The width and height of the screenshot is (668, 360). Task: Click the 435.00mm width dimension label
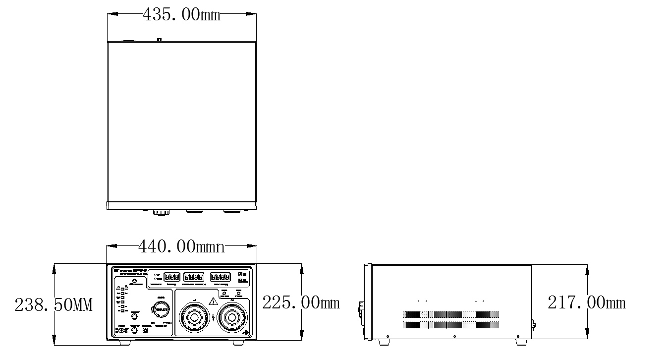181,14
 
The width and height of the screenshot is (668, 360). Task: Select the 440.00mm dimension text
181,246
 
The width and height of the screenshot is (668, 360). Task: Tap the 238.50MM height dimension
54,304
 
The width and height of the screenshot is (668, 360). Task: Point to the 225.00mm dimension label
301,302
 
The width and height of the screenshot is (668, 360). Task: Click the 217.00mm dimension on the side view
586,302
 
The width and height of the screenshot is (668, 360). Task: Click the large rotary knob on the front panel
161,309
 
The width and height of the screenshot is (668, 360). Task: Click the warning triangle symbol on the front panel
214,300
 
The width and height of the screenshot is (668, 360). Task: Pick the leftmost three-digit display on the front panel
171,277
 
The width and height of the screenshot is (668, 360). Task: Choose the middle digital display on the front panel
194,277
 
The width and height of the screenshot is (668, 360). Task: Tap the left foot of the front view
125,342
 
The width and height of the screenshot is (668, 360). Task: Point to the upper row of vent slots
451,315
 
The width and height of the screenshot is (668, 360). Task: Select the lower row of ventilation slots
451,325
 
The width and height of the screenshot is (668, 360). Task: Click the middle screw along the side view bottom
455,336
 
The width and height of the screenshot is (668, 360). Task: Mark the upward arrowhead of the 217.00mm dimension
587,268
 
